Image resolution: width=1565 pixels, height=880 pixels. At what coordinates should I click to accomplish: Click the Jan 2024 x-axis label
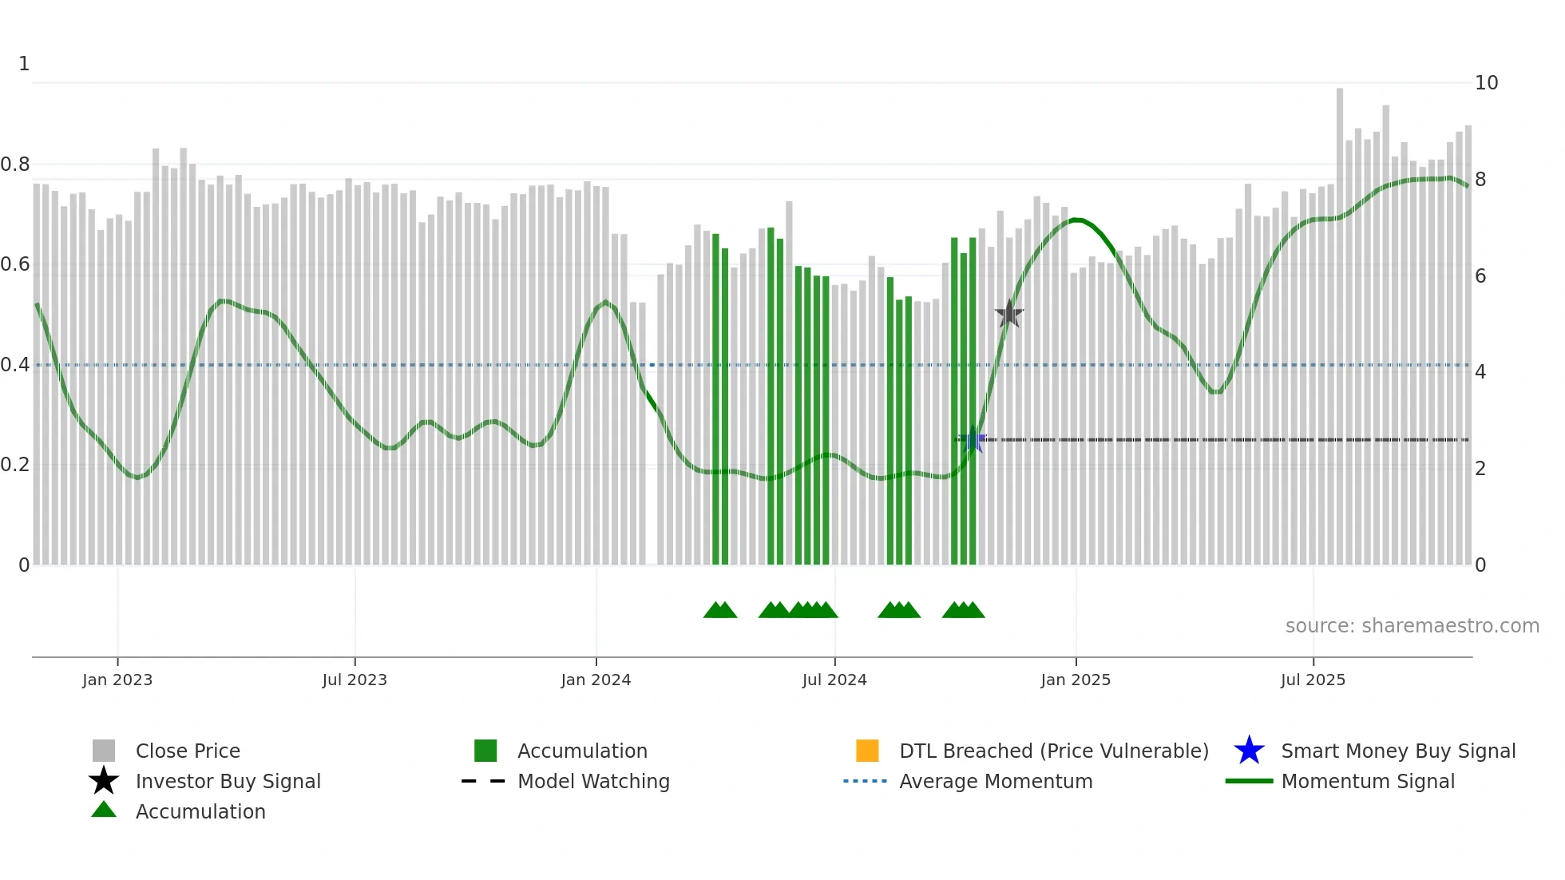(596, 680)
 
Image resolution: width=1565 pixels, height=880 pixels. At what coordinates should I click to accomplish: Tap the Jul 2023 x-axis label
(355, 680)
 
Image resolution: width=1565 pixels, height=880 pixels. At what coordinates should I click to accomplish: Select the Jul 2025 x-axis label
(1313, 680)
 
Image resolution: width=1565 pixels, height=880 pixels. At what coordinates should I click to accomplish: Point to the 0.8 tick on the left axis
(15, 165)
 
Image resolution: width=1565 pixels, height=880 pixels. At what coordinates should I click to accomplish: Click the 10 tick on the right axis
(1486, 83)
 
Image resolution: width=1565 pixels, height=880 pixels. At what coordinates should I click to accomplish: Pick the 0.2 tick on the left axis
(15, 465)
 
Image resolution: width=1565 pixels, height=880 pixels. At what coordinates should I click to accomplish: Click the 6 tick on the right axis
(1480, 276)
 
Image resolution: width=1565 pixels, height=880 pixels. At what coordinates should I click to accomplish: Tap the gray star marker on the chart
(1009, 314)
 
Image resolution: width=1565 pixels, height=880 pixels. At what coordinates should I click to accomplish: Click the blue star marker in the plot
(973, 440)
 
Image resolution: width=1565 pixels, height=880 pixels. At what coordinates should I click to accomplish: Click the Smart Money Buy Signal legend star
(1249, 751)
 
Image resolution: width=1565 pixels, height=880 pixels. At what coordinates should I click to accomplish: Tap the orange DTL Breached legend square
(867, 751)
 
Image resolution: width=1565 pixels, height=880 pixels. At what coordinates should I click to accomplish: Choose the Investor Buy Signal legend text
(228, 781)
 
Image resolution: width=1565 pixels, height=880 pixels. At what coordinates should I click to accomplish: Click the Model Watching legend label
(593, 781)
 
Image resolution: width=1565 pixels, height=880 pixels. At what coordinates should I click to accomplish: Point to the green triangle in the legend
(104, 810)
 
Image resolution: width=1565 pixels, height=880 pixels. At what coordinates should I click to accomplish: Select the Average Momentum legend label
(996, 781)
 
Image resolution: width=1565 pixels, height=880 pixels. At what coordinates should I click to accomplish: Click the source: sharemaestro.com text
(1412, 626)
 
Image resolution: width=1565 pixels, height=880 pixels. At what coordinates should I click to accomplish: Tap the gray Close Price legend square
(104, 751)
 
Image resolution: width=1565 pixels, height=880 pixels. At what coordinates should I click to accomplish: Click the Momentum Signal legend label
(1368, 781)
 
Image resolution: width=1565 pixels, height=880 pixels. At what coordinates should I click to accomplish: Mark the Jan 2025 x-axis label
(1076, 680)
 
